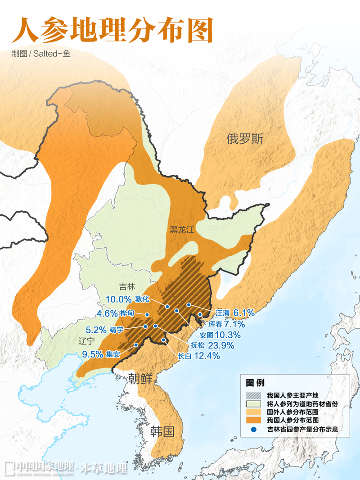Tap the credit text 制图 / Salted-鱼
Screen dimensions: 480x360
(41, 54)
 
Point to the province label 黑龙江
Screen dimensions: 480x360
(182, 230)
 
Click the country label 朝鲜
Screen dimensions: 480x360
(140, 377)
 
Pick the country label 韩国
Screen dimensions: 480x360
(162, 432)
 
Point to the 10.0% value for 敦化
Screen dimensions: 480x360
(118, 299)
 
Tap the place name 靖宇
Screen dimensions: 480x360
(116, 330)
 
